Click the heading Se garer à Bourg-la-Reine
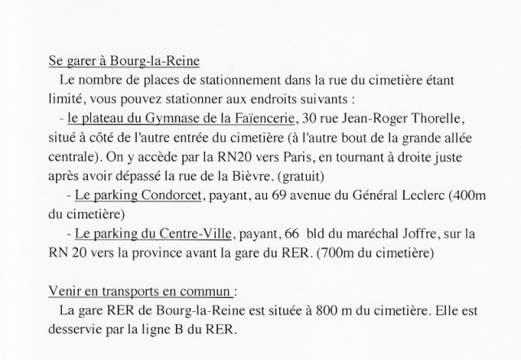coord(124,63)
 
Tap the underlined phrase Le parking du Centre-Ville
coord(151,235)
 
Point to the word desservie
coord(77,331)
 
